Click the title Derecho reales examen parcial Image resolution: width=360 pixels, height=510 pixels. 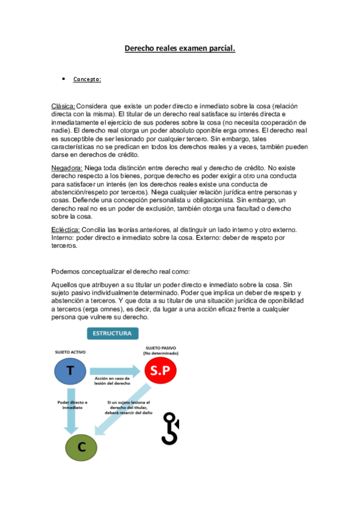pos(180,48)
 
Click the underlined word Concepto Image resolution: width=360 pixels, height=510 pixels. pos(87,79)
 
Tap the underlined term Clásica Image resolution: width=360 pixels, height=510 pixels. pos(63,106)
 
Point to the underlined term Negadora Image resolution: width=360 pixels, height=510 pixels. pos(67,169)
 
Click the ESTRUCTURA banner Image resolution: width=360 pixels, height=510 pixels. pos(113,333)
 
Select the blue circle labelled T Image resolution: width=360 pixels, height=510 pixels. pos(70,371)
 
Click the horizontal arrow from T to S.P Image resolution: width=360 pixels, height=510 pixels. pos(117,369)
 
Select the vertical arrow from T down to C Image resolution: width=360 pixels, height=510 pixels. pos(70,415)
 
